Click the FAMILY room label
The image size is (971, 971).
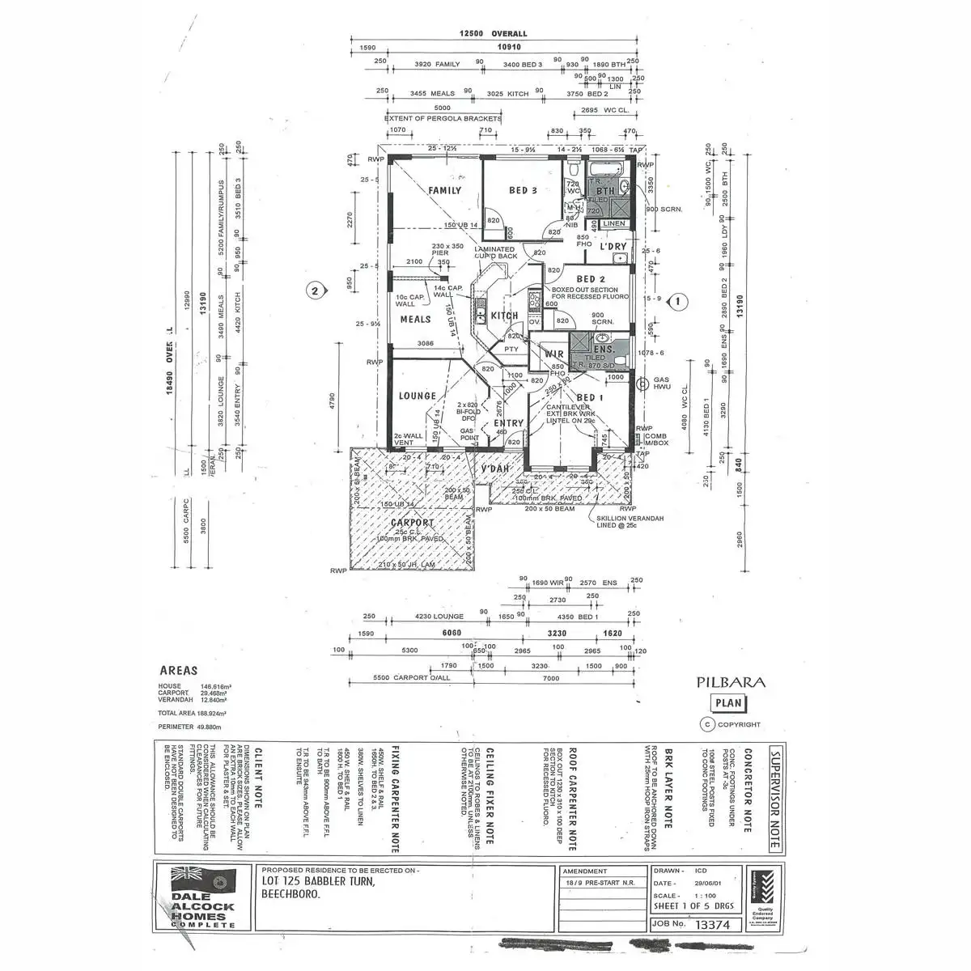(x=444, y=191)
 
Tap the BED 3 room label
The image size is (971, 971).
(x=523, y=191)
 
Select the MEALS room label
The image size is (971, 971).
(x=416, y=320)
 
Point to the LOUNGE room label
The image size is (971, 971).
(x=417, y=396)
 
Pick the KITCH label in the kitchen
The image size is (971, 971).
(x=504, y=316)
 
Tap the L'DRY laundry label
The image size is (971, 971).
(x=613, y=246)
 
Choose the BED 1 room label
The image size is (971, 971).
(x=590, y=397)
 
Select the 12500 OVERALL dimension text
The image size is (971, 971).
(x=493, y=34)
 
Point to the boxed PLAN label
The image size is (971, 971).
(x=727, y=704)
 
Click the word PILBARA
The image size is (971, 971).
(x=731, y=682)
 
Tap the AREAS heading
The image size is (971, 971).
(x=179, y=671)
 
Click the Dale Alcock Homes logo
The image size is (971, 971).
(x=203, y=897)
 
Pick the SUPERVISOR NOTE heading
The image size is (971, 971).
(x=774, y=798)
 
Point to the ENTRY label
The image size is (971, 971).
(x=509, y=423)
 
